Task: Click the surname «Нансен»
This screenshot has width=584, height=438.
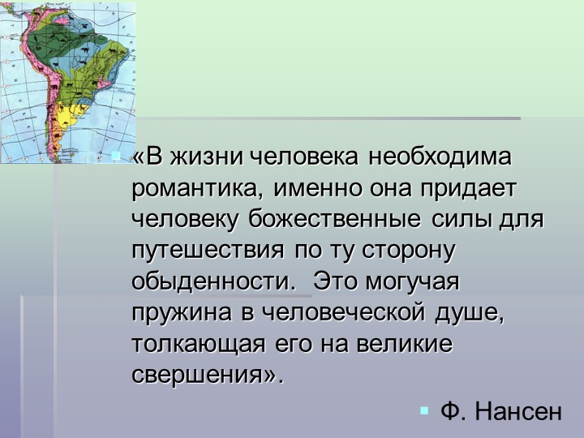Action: tap(517, 411)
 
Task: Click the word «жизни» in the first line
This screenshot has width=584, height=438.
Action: tap(205, 157)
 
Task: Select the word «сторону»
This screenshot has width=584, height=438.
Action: tap(416, 251)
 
